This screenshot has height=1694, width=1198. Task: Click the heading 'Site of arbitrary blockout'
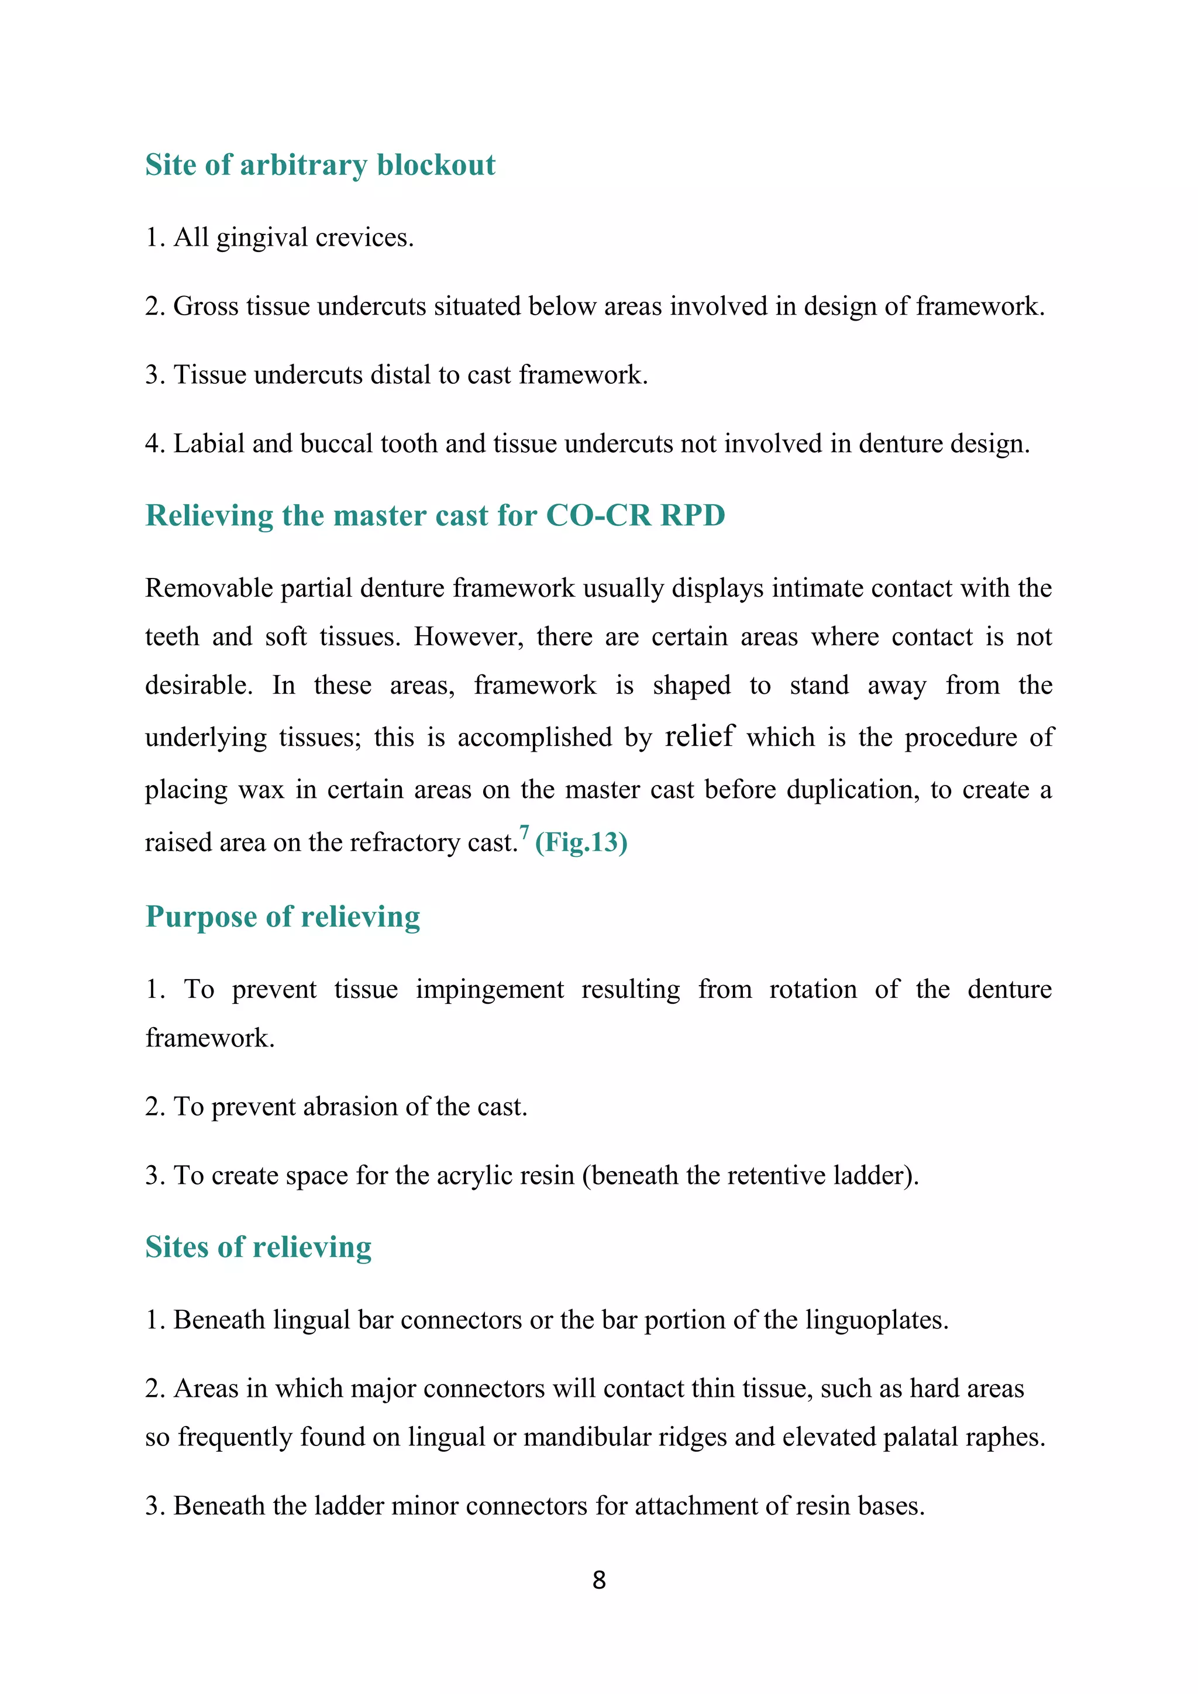pos(319,164)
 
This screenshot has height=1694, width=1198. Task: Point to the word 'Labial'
pos(209,443)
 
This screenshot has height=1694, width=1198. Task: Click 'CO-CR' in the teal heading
pos(598,515)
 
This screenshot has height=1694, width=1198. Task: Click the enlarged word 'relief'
pos(700,736)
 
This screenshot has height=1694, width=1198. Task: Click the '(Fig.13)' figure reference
pos(581,842)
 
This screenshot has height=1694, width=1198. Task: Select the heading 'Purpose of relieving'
pos(283,917)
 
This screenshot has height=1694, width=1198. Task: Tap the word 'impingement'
pos(489,989)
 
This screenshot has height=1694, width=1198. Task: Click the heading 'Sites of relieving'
pos(258,1248)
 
